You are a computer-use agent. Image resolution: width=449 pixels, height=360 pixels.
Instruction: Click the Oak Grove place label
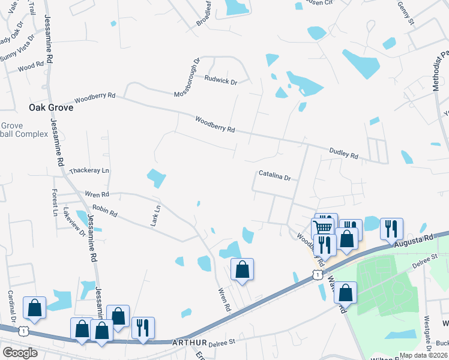pyautogui.click(x=51, y=107)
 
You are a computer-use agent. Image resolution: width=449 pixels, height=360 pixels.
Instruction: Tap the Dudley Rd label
pyautogui.click(x=344, y=153)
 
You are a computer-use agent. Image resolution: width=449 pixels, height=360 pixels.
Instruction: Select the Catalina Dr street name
pyautogui.click(x=274, y=177)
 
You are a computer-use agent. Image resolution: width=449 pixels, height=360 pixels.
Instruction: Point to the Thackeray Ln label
pyautogui.click(x=89, y=171)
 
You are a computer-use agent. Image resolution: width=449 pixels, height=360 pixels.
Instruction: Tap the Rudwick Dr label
pyautogui.click(x=221, y=80)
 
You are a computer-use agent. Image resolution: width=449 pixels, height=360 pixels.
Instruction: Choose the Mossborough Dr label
pyautogui.click(x=186, y=78)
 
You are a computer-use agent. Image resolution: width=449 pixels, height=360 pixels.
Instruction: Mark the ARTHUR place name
pyautogui.click(x=189, y=343)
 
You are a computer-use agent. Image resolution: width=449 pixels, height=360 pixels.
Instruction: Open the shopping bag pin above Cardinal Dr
pyautogui.click(x=35, y=307)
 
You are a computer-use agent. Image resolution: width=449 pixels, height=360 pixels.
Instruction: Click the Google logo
pyautogui.click(x=20, y=353)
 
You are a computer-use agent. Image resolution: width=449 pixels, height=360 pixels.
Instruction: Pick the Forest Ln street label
pyautogui.click(x=55, y=203)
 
